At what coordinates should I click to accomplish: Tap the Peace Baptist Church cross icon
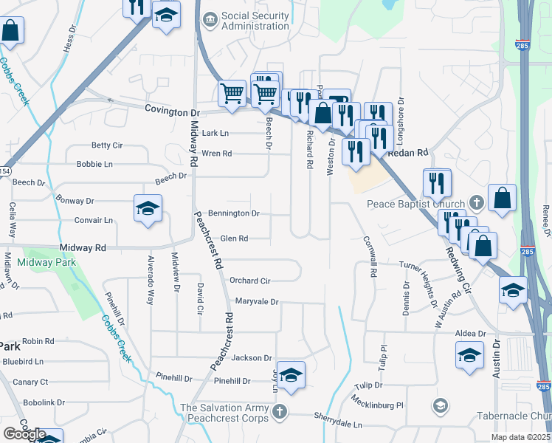(477, 203)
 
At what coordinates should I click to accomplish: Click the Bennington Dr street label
(235, 213)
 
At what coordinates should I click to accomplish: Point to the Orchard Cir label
(249, 281)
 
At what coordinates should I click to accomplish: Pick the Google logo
(24, 434)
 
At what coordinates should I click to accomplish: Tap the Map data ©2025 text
(521, 438)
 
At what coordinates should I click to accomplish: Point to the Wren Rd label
(217, 154)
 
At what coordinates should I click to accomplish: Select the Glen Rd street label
(234, 238)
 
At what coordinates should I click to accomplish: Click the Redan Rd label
(412, 152)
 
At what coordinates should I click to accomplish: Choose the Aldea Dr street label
(470, 334)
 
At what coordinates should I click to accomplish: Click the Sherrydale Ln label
(337, 425)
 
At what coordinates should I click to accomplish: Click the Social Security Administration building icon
(210, 17)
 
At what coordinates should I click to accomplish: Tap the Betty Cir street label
(106, 145)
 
